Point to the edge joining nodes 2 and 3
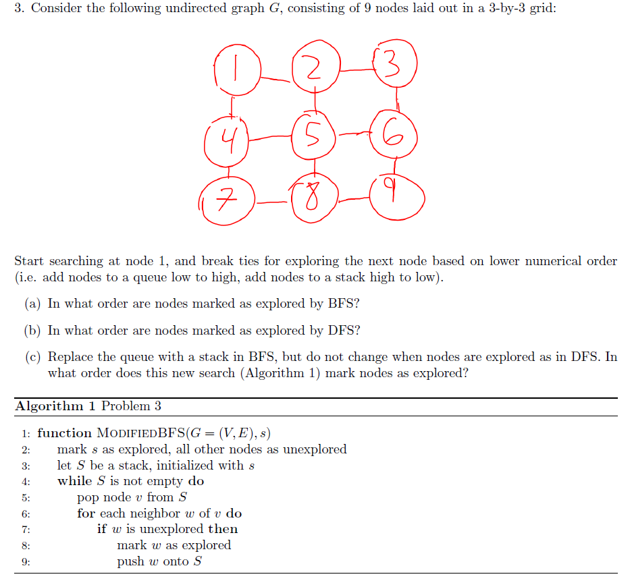point(356,67)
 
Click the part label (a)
point(33,304)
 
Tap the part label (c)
point(33,358)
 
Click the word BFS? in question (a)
point(344,304)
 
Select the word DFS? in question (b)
point(344,331)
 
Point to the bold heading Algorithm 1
point(55,406)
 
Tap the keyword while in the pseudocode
point(74,481)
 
